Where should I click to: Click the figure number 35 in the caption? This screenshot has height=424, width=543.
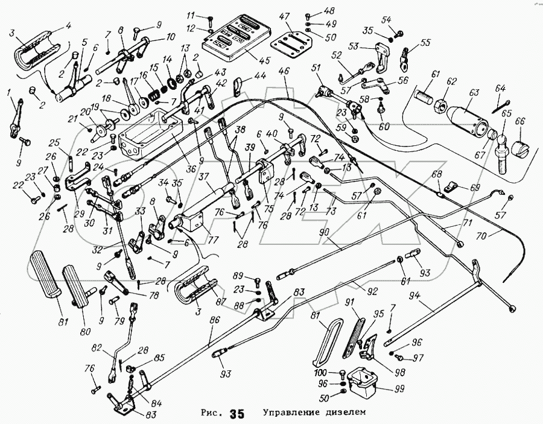(x=237, y=414)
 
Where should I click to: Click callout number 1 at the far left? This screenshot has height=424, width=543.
(x=9, y=92)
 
